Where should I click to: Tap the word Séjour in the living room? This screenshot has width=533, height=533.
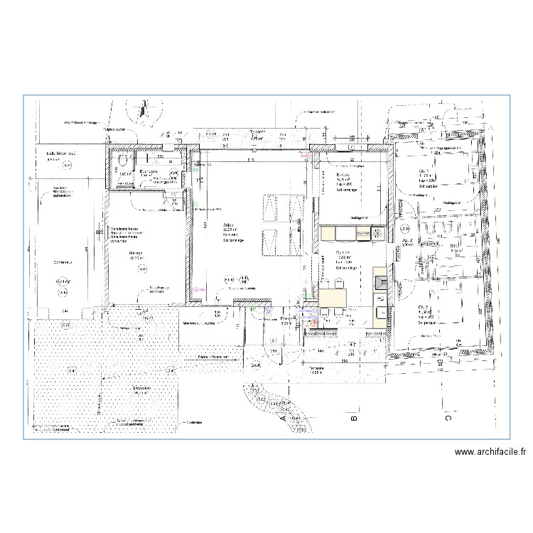230,225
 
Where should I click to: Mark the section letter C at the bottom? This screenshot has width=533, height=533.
448,418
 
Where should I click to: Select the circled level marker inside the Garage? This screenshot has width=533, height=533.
143,268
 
